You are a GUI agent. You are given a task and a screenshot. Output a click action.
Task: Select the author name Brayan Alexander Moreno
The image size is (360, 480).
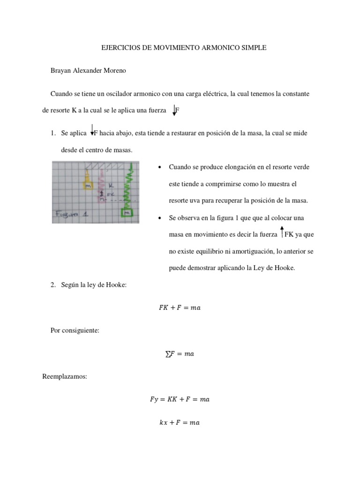click(88, 71)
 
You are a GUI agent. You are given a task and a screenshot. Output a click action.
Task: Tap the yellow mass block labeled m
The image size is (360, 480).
click(87, 186)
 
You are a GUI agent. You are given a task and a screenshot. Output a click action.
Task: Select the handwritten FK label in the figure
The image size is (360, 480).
click(111, 193)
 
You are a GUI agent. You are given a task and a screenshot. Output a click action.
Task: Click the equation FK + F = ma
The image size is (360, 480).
click(180, 307)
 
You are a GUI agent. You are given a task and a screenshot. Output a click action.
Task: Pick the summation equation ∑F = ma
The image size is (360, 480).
click(180, 354)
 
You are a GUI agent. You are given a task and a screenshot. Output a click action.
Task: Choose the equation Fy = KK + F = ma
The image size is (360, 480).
click(180, 399)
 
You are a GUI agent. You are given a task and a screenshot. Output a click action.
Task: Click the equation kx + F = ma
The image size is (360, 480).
click(180, 422)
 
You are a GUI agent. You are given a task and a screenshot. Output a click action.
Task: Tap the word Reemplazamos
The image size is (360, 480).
click(65, 376)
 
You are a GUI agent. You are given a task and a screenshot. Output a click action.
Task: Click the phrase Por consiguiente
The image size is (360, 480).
click(75, 330)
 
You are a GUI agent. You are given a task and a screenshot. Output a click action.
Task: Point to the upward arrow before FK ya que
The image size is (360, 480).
click(282, 232)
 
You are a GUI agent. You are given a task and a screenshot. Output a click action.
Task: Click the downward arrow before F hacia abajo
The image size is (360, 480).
click(92, 131)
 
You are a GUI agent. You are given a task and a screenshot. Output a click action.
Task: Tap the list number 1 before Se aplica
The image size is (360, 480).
click(52, 134)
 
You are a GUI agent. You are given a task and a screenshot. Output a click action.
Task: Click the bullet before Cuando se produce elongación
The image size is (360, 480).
click(160, 167)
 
